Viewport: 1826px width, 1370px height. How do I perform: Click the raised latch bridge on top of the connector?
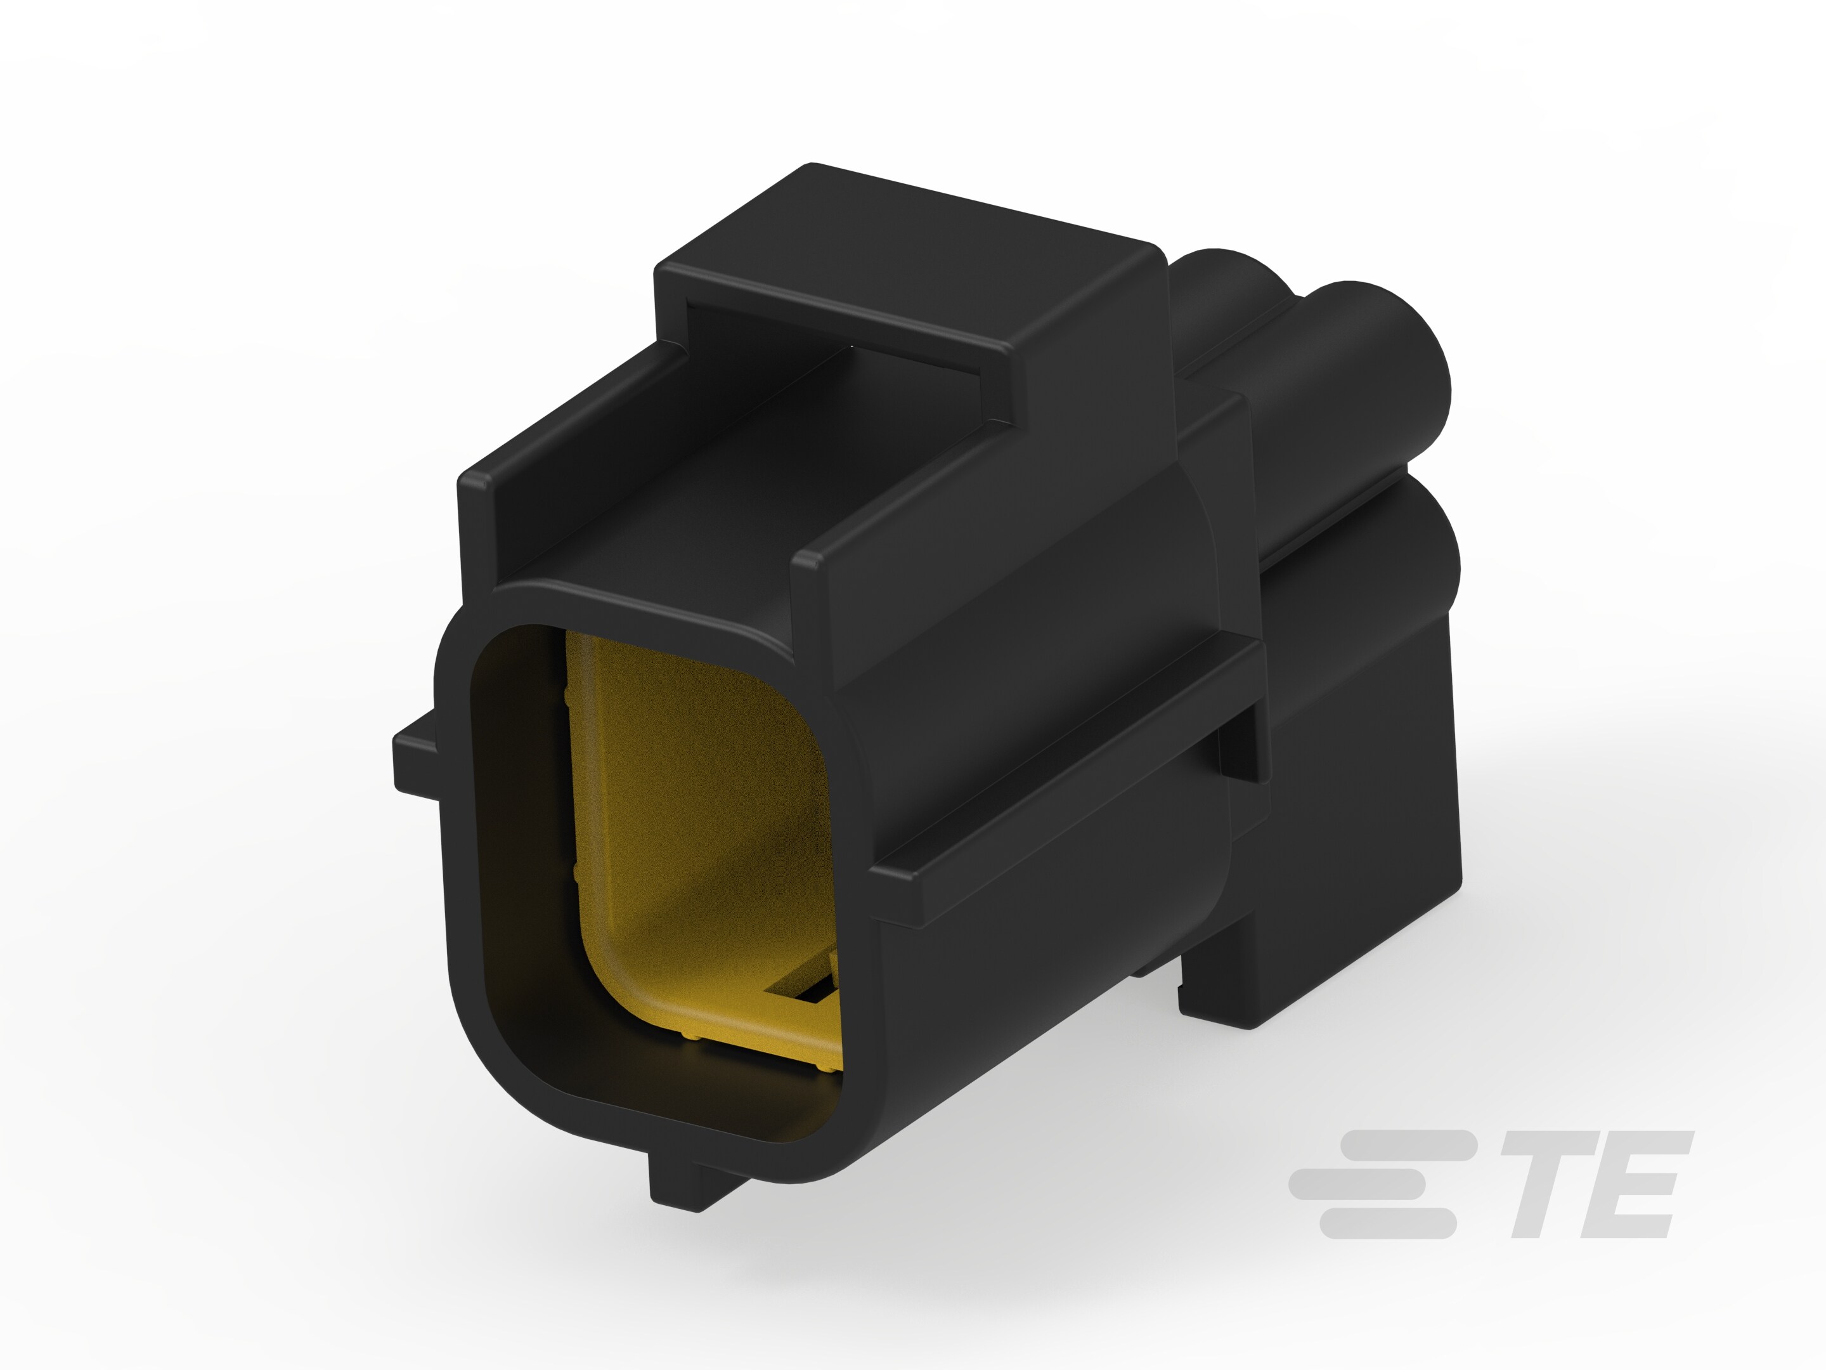click(908, 273)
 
